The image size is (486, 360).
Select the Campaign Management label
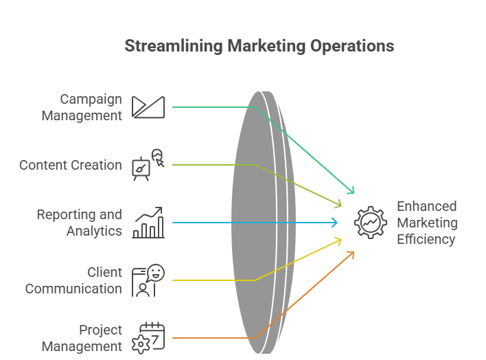click(x=82, y=107)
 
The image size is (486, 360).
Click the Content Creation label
click(x=71, y=165)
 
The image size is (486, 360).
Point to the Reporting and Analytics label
click(x=80, y=223)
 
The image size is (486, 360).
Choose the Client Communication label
click(x=73, y=280)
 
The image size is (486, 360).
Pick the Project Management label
click(x=82, y=338)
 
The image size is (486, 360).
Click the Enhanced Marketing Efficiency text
click(x=426, y=223)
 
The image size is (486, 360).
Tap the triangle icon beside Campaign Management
click(x=148, y=107)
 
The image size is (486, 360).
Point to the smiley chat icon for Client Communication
click(x=148, y=280)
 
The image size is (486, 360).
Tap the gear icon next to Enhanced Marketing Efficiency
click(x=370, y=223)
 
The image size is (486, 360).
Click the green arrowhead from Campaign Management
click(x=352, y=192)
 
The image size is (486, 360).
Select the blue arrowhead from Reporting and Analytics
click(x=335, y=223)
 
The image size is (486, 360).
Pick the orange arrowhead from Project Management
click(x=351, y=254)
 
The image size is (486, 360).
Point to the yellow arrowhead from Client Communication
click(x=338, y=240)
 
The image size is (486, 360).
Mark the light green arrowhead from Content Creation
click(x=338, y=204)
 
